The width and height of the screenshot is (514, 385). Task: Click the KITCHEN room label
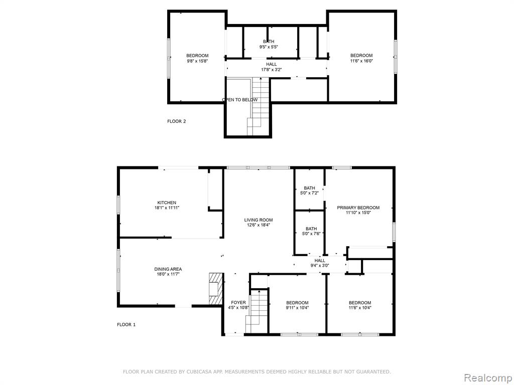click(167, 203)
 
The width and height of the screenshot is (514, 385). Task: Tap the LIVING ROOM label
click(259, 220)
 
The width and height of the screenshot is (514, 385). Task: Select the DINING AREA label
click(168, 269)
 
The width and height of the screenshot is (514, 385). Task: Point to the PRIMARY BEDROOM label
click(358, 208)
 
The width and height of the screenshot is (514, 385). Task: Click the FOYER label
click(238, 302)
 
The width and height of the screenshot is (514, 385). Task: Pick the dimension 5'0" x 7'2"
click(309, 193)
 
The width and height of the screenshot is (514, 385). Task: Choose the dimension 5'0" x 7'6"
click(311, 234)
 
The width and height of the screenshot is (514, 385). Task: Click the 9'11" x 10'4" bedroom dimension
click(297, 308)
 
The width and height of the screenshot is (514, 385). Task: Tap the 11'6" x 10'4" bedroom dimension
click(360, 308)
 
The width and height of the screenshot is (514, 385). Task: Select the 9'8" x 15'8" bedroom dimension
click(197, 61)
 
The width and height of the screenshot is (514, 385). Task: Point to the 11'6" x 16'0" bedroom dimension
click(361, 61)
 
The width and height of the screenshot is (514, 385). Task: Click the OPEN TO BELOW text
click(240, 100)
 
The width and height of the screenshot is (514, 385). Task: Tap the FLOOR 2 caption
click(176, 121)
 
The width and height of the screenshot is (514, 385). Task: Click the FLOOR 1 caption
click(126, 325)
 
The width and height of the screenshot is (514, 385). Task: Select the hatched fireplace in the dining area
click(216, 289)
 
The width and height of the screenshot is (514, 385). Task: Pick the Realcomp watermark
click(487, 378)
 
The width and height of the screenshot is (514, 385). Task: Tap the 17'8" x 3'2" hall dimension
click(272, 70)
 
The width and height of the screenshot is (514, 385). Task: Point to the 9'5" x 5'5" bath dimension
click(269, 47)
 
